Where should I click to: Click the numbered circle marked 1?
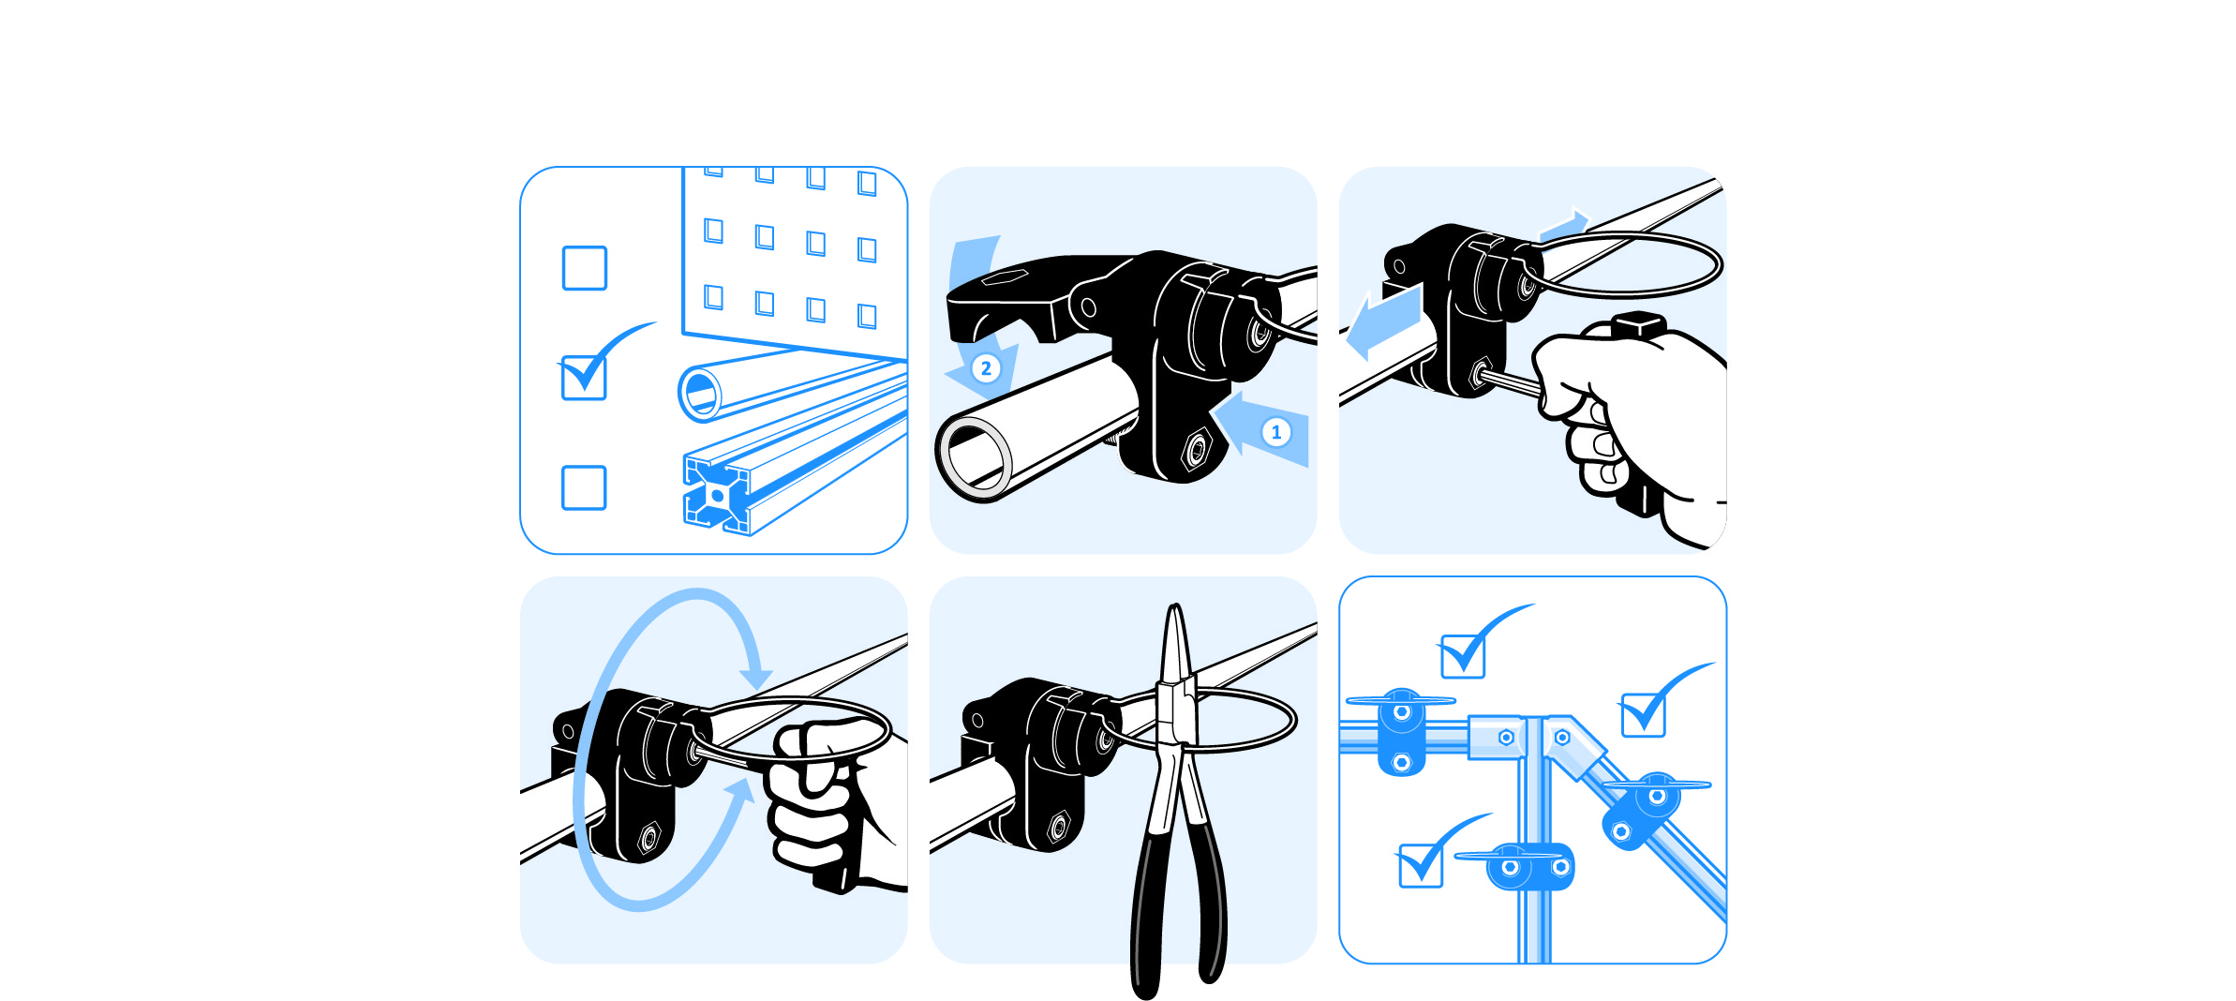point(1275,432)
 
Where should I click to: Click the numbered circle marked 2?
point(986,368)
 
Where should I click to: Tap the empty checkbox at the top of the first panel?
point(584,268)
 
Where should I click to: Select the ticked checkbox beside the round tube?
point(584,378)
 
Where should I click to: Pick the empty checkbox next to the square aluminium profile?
point(584,487)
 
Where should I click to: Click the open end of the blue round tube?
point(700,393)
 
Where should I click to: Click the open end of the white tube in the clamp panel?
point(975,458)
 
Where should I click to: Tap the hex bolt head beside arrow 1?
point(1197,450)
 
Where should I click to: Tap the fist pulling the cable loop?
point(829,797)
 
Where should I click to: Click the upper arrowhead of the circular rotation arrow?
point(755,677)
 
